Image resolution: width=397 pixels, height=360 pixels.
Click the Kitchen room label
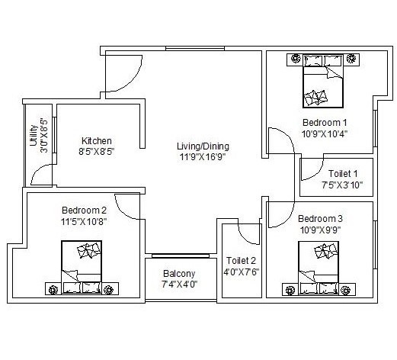pyautogui.click(x=97, y=140)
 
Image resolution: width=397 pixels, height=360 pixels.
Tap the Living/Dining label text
pyautogui.click(x=203, y=146)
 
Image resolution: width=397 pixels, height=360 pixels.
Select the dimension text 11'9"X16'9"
pyautogui.click(x=203, y=157)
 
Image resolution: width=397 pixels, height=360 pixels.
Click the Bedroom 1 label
pyautogui.click(x=325, y=122)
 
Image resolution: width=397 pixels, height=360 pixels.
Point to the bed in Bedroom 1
pyautogui.click(x=320, y=83)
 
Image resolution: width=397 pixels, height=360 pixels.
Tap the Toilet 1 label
pyautogui.click(x=341, y=172)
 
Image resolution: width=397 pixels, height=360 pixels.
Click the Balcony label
pyautogui.click(x=179, y=274)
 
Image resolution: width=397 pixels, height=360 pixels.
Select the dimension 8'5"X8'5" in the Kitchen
pyautogui.click(x=97, y=151)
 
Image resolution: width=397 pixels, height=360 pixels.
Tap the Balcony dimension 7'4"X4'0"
pyautogui.click(x=179, y=284)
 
